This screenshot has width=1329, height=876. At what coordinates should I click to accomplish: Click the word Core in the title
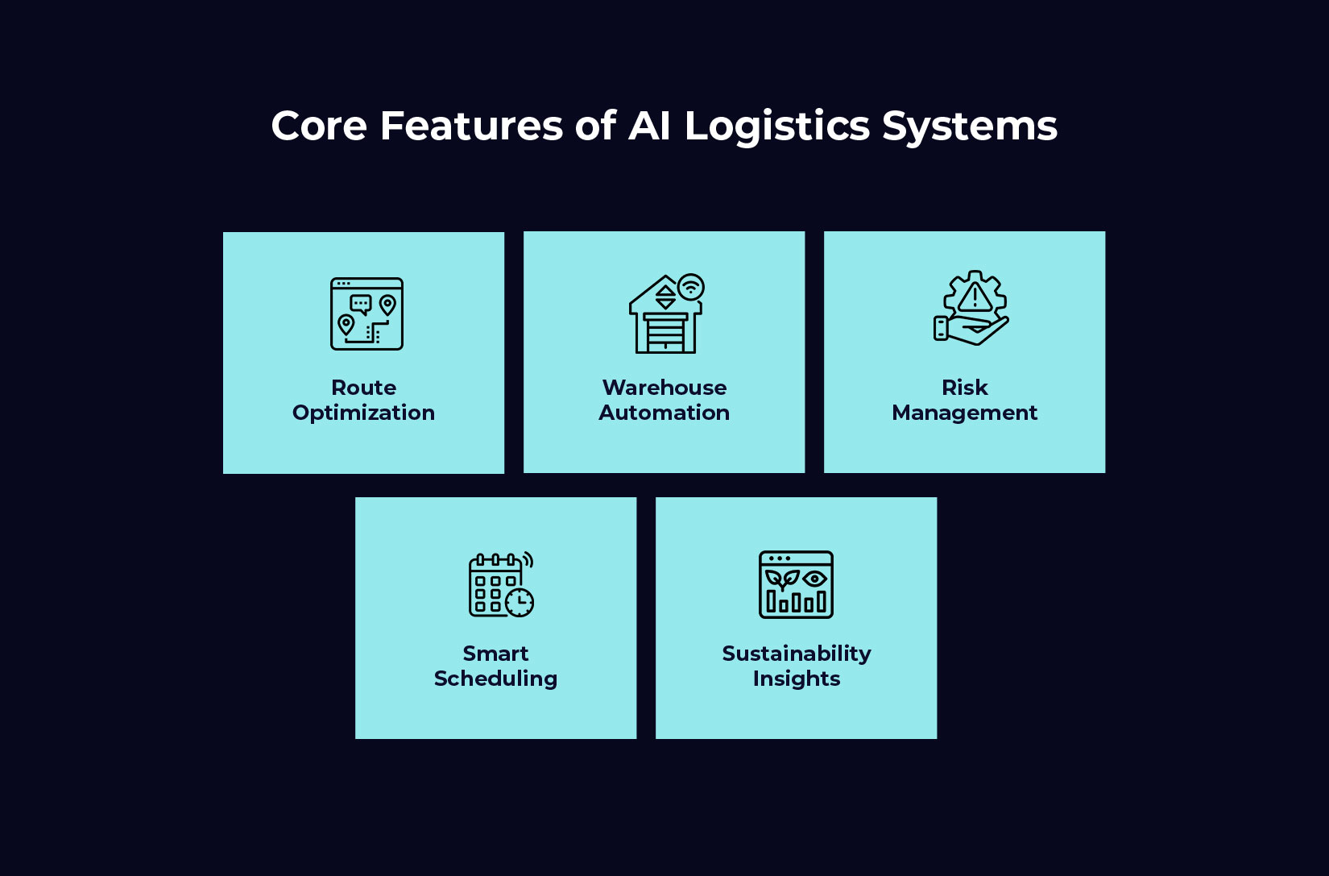tap(319, 127)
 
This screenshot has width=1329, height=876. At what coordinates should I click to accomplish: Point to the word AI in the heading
tap(649, 127)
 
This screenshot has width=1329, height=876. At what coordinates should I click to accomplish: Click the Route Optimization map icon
tap(366, 313)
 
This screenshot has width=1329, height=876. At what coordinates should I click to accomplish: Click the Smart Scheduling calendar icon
tap(500, 585)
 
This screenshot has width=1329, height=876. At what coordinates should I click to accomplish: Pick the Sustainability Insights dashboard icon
tap(796, 584)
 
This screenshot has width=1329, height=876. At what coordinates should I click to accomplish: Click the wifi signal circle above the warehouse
tap(690, 287)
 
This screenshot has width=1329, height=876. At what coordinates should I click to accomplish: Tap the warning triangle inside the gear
tap(975, 297)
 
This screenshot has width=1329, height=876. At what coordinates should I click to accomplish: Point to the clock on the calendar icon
tap(520, 602)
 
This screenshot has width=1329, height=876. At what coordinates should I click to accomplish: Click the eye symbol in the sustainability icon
tap(814, 579)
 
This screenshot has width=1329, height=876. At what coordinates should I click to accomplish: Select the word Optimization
tap(363, 413)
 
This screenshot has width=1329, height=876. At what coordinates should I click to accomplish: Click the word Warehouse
tap(664, 388)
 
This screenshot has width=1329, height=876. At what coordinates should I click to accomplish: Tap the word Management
tap(964, 413)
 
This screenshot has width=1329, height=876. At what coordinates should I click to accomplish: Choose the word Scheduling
tap(495, 679)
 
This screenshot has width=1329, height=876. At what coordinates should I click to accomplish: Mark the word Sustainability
tap(796, 654)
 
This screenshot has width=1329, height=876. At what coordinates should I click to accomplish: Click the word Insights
tap(796, 679)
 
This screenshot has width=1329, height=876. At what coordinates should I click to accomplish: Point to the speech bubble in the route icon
tap(361, 304)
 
